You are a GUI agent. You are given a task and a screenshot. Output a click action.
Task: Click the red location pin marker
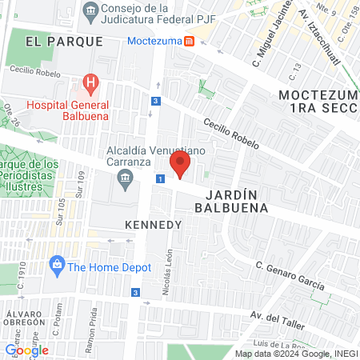click(x=181, y=166)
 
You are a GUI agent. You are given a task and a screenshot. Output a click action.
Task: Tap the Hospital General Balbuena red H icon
click(x=90, y=82)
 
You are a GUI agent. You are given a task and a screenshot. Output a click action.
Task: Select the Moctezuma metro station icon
click(x=188, y=41)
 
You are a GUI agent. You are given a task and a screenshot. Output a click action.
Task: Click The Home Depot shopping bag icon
click(x=57, y=264)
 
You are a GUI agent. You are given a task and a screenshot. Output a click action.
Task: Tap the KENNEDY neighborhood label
click(x=153, y=225)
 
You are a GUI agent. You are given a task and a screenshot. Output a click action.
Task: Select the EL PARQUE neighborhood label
click(x=64, y=41)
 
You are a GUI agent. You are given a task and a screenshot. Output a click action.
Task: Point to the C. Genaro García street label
click(x=290, y=276)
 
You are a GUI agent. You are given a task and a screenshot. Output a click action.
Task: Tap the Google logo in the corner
click(x=26, y=350)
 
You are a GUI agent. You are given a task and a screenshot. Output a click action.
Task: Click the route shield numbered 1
click(x=161, y=179)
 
